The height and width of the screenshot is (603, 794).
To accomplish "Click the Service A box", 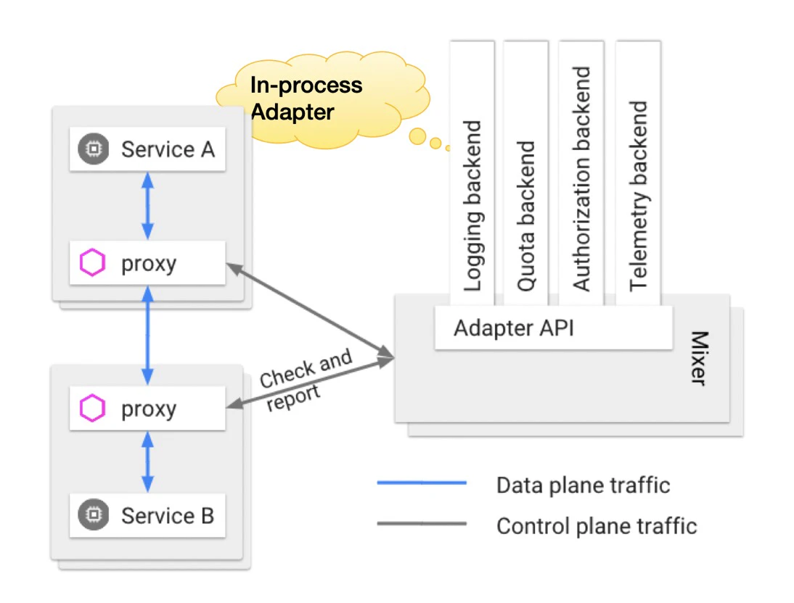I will (147, 150).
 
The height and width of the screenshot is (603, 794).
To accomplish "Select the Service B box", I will (147, 516).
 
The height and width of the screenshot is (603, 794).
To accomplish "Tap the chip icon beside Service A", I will (93, 150).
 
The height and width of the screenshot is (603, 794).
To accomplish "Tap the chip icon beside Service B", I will (93, 516).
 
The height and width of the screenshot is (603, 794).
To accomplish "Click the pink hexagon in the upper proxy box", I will (93, 263).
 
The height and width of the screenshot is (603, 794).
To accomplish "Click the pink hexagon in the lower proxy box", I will (93, 409).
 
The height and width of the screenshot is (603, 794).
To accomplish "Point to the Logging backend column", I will (472, 174).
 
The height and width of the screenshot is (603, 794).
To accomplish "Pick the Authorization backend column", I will (581, 174).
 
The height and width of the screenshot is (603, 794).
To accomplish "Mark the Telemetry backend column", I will (638, 174).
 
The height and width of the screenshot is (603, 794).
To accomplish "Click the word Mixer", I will (697, 358).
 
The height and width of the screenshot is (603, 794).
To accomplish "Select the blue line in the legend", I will (422, 483).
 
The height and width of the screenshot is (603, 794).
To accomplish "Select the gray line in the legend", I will (422, 523).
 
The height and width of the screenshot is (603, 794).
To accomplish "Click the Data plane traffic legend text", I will (583, 484).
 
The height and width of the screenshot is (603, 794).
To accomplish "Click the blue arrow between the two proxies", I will (147, 334).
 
